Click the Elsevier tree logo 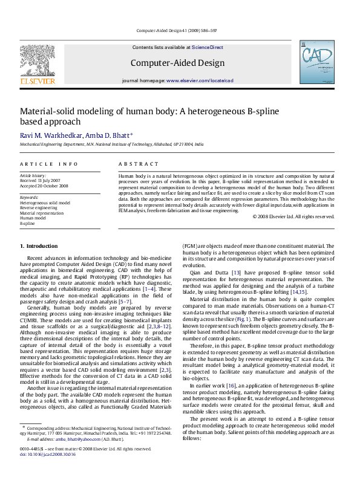(38, 63)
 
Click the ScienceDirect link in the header (208, 47)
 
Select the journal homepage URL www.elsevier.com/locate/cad (200, 80)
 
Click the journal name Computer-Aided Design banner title (176, 62)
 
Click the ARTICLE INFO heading (49, 164)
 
